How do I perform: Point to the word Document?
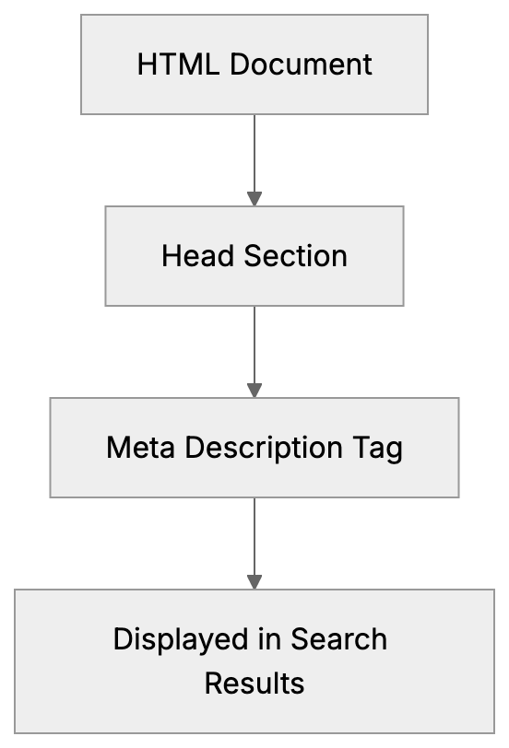(x=301, y=64)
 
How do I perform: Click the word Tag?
(x=377, y=448)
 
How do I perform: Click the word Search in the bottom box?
(x=339, y=638)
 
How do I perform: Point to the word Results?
(x=254, y=684)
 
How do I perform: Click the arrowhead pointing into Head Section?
(x=254, y=199)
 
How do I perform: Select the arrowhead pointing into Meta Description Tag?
(x=254, y=391)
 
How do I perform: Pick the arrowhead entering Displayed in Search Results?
(x=254, y=582)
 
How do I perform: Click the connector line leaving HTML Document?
(x=254, y=152)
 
